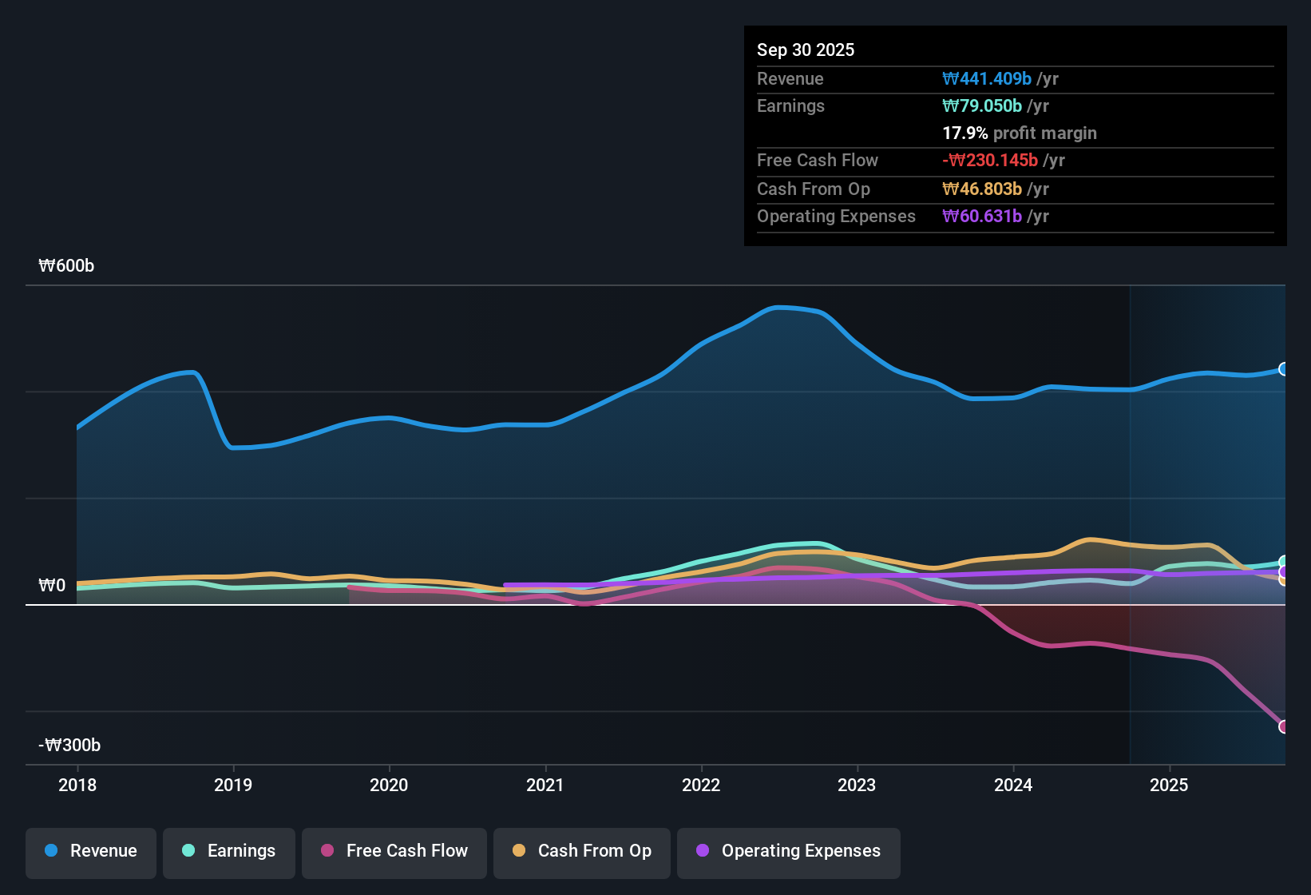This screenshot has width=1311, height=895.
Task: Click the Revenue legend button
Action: [91, 851]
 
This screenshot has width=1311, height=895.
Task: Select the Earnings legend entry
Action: [229, 851]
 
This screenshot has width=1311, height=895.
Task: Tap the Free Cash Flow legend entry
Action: [394, 851]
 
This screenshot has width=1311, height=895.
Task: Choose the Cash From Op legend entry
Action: [582, 851]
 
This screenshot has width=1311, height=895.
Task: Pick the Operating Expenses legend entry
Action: [789, 851]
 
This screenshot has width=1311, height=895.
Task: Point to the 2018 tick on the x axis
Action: [77, 785]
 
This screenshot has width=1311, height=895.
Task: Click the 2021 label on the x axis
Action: [545, 785]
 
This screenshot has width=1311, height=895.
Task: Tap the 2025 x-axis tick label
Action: [1169, 785]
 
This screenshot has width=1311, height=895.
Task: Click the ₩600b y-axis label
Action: [66, 266]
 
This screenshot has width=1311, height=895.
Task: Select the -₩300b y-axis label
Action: [69, 746]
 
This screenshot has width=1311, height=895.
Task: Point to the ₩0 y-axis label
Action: [52, 586]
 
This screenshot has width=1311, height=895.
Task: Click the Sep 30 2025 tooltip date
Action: [805, 50]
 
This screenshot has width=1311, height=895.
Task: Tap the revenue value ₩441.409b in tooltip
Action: [987, 78]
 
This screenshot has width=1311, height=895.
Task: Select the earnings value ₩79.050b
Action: [982, 105]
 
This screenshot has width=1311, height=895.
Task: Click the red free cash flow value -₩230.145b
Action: [990, 160]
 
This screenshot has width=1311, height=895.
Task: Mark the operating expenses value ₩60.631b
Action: [982, 216]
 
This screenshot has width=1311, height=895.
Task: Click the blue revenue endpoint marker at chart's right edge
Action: [1284, 369]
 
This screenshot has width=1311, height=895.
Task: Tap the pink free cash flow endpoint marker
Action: [1284, 726]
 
